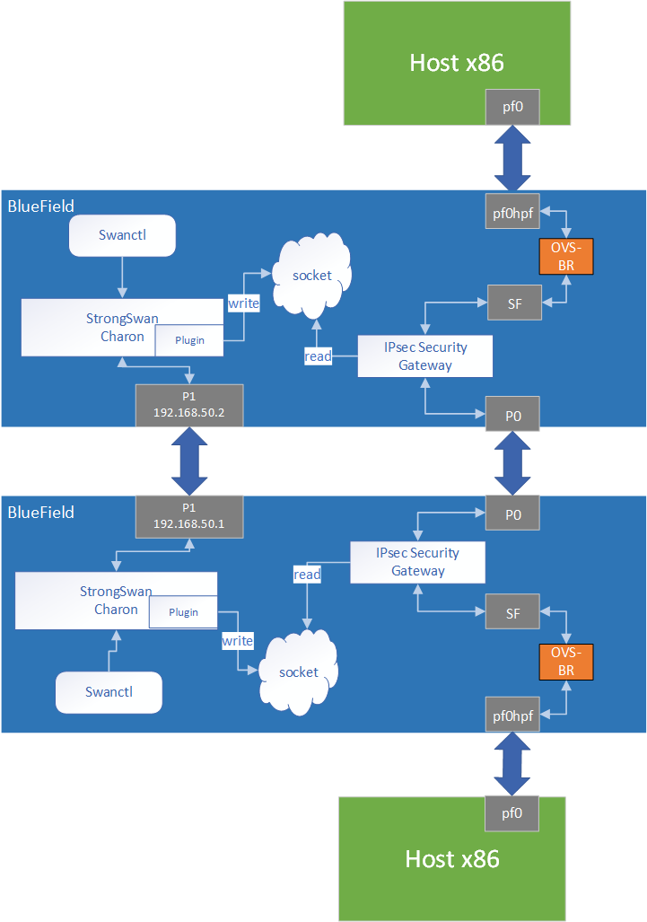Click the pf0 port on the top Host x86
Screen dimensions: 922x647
point(512,107)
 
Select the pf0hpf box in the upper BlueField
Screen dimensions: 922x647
point(512,212)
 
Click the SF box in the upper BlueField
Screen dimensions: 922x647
point(514,303)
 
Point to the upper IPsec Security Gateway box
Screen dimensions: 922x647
point(425,356)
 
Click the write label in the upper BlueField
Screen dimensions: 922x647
point(243,303)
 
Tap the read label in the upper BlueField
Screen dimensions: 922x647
point(318,356)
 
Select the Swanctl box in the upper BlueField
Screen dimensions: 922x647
point(122,236)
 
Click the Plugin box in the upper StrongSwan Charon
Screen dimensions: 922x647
point(188,341)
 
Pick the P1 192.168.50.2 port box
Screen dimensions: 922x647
point(188,405)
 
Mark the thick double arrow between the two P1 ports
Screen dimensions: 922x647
point(188,461)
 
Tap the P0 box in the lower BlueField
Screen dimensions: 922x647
point(512,515)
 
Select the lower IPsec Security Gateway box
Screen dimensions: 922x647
point(417,562)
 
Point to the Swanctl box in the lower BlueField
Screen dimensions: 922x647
point(109,692)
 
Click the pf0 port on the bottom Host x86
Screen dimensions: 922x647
point(512,813)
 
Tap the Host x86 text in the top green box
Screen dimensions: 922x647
point(456,62)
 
